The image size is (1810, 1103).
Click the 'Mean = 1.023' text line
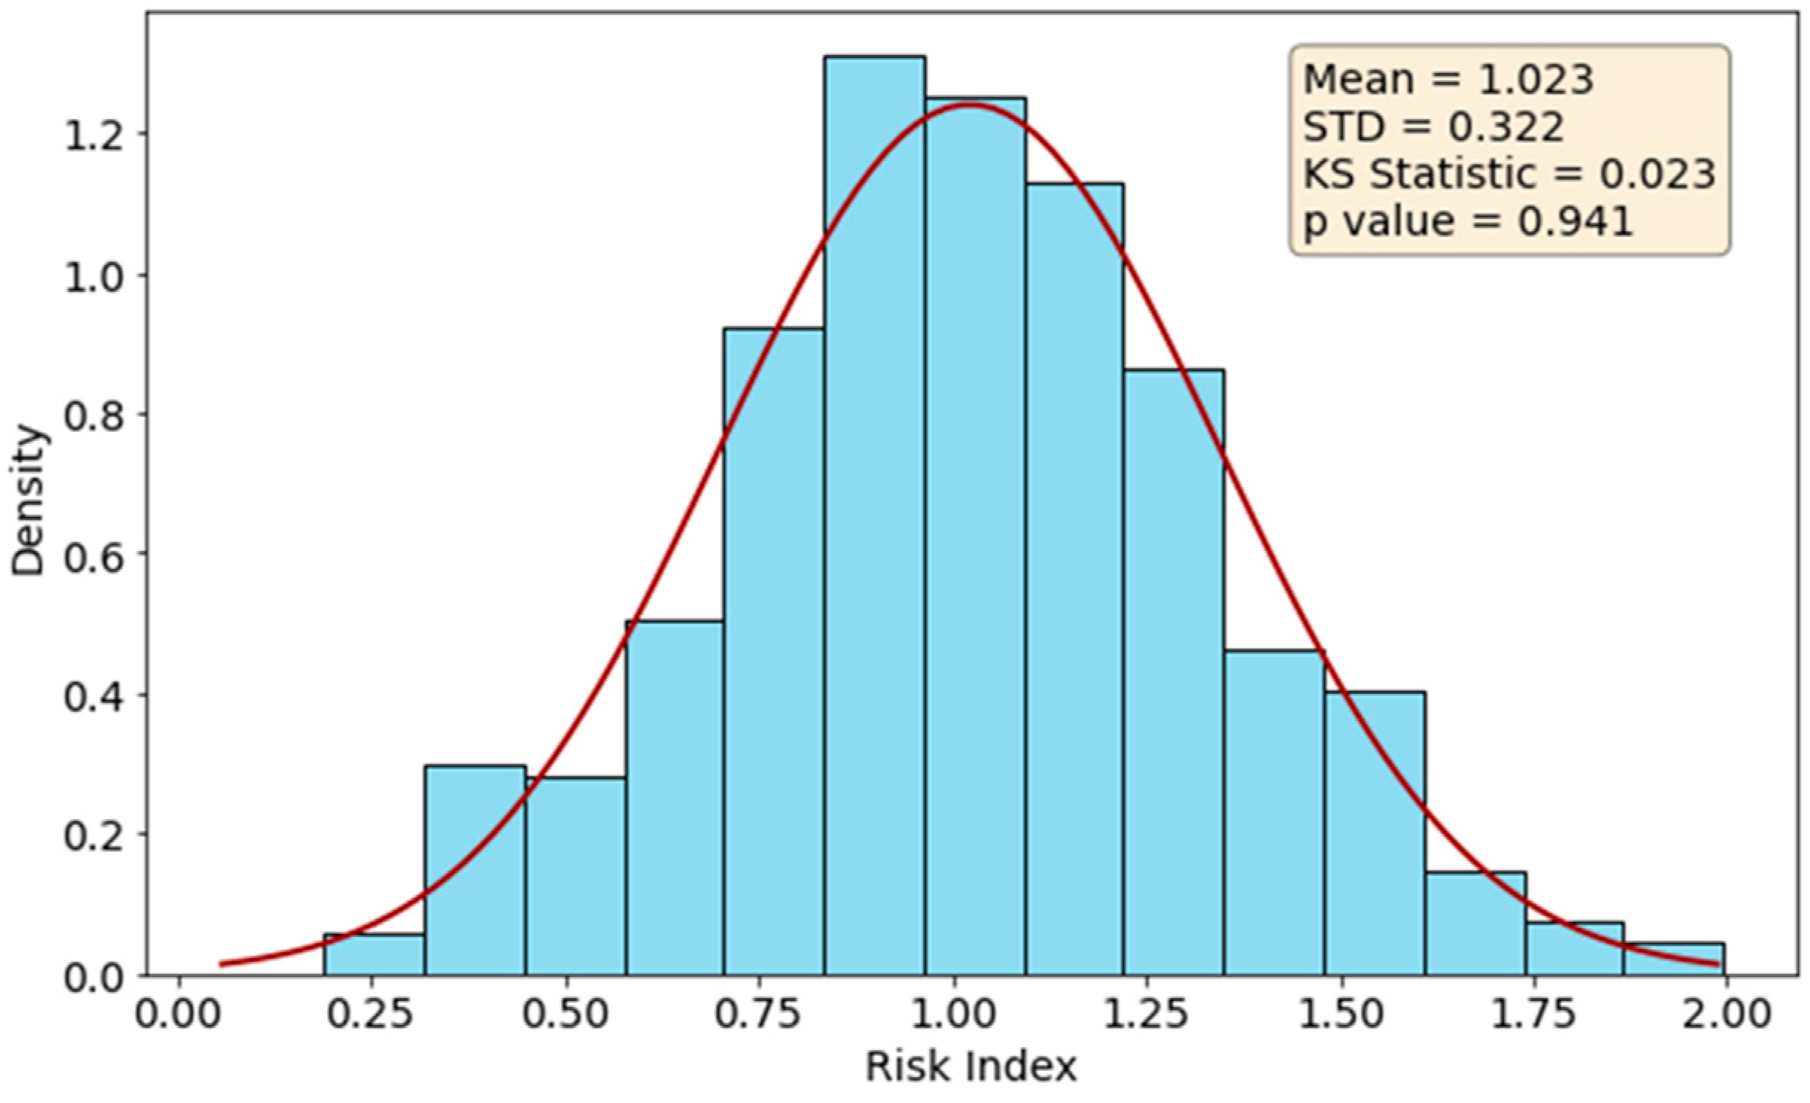[1448, 80]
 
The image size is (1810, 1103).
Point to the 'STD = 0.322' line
[1433, 127]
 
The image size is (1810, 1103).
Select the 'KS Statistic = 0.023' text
[1509, 174]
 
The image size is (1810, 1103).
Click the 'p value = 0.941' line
[1468, 221]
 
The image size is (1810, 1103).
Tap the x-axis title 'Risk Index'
[971, 1067]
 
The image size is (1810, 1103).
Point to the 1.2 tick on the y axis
[94, 135]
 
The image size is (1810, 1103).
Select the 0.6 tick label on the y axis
[94, 555]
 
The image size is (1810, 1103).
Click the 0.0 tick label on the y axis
[94, 976]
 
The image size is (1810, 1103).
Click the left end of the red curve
[222, 964]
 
